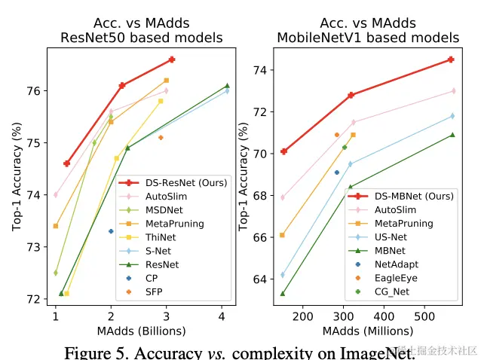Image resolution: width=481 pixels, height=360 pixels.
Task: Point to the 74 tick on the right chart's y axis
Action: pyautogui.click(x=262, y=71)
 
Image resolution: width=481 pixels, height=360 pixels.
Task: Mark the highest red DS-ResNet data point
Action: pyautogui.click(x=172, y=59)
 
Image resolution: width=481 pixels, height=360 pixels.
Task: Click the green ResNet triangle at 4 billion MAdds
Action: pyautogui.click(x=227, y=86)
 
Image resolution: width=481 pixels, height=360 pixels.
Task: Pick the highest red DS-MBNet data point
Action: pyautogui.click(x=451, y=59)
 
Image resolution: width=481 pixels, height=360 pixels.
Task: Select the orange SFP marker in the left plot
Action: pyautogui.click(x=161, y=138)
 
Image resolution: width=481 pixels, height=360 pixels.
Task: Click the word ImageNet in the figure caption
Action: pyautogui.click(x=372, y=352)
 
